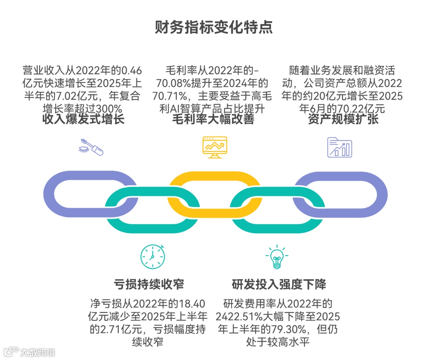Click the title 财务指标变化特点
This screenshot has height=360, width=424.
(212, 28)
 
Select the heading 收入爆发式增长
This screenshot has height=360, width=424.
(83, 119)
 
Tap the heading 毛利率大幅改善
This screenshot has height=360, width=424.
(213, 119)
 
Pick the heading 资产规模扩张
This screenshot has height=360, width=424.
(344, 119)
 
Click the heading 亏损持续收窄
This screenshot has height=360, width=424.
(149, 284)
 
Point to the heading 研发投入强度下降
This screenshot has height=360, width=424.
(279, 284)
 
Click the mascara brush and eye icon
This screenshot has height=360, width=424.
(91, 147)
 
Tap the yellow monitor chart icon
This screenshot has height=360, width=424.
(214, 147)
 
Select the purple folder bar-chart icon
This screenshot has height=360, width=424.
(340, 147)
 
